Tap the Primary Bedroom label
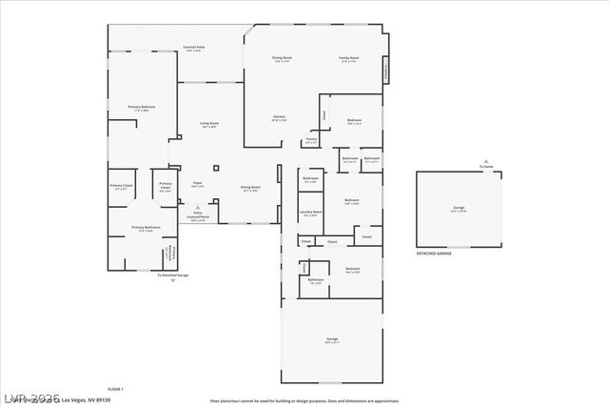[142, 109]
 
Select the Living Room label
[209, 125]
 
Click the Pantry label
[311, 141]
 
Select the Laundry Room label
[311, 214]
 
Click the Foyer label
[198, 184]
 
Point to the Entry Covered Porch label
[198, 216]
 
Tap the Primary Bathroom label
[146, 229]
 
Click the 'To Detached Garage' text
[173, 275]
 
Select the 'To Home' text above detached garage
[485, 168]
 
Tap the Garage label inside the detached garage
[459, 209]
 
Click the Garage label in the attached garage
[332, 339]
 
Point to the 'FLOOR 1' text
[115, 389]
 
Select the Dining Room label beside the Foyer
[250, 189]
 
